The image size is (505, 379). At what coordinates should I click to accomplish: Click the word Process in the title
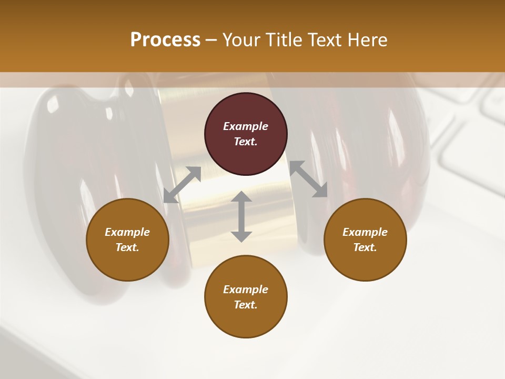click(165, 40)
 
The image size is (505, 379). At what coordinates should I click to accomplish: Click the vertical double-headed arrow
click(241, 216)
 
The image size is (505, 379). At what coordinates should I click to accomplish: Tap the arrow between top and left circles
click(182, 184)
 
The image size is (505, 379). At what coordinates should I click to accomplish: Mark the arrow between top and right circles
click(308, 179)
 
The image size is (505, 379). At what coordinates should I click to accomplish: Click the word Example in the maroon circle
click(246, 126)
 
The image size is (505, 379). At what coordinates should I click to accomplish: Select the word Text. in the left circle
click(127, 247)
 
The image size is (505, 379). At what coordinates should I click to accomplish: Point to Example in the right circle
click(365, 232)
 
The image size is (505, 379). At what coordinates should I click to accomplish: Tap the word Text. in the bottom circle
click(246, 305)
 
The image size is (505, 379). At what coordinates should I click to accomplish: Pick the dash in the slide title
click(211, 41)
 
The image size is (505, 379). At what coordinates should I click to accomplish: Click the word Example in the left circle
click(127, 232)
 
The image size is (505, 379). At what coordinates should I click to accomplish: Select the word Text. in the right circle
click(365, 247)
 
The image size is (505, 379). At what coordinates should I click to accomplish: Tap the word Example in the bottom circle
click(246, 290)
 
